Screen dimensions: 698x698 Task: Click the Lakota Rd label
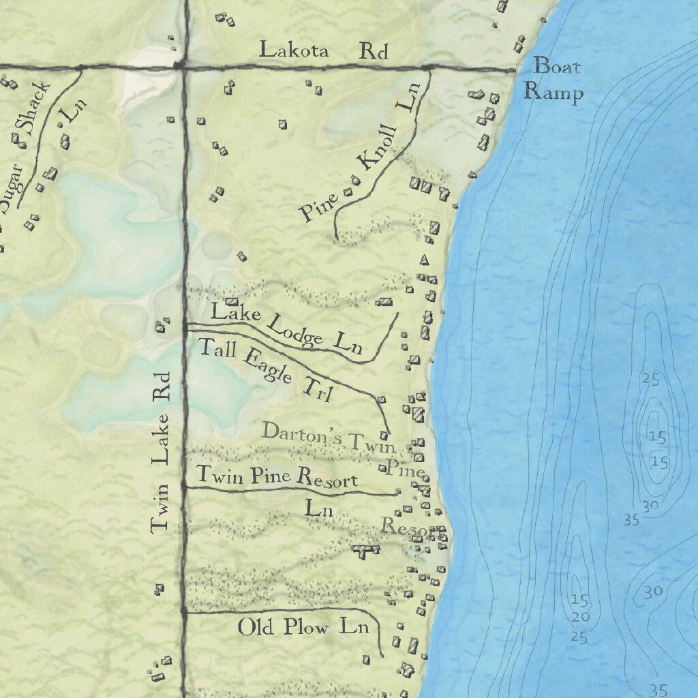pos(323,51)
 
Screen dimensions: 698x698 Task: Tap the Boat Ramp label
pos(557,79)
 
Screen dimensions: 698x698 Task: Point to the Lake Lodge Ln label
pos(286,330)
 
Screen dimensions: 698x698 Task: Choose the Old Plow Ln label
pos(303,626)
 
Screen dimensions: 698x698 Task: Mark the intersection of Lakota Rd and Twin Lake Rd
pos(180,66)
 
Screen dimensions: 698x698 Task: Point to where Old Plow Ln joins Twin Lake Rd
pos(184,612)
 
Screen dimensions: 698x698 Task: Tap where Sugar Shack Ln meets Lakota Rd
pos(80,67)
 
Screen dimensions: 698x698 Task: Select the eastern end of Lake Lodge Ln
pos(397,314)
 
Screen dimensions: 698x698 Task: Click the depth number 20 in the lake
pos(581,617)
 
